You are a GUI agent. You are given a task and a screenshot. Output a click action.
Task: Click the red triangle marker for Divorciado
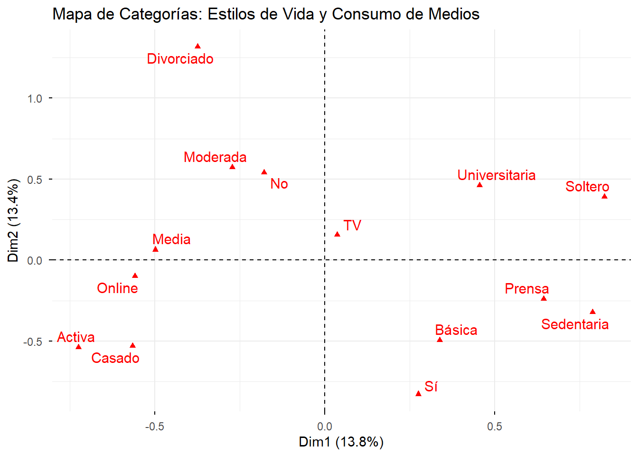click(198, 46)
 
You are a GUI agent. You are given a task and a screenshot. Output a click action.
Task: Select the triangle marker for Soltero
click(604, 196)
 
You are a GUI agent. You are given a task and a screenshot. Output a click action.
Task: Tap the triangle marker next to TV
click(338, 234)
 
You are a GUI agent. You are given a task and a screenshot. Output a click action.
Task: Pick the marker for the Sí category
click(418, 393)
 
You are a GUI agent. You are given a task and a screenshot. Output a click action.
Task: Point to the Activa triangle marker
click(79, 347)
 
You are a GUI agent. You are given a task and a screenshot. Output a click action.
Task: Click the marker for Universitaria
click(479, 185)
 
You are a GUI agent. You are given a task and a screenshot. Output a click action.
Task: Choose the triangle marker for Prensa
click(544, 298)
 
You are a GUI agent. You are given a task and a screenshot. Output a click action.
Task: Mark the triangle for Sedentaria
click(592, 312)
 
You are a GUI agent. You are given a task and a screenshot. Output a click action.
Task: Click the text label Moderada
click(215, 157)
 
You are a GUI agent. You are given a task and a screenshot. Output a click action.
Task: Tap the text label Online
click(117, 288)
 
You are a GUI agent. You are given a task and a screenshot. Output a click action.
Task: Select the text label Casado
click(115, 358)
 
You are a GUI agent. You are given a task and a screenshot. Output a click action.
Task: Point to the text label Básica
click(456, 330)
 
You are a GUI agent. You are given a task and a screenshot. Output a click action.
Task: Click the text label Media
click(171, 239)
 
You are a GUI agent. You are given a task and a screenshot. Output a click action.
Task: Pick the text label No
click(279, 184)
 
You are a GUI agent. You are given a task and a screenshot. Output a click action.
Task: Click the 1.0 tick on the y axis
click(35, 99)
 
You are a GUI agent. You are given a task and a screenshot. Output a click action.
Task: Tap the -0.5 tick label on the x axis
click(154, 426)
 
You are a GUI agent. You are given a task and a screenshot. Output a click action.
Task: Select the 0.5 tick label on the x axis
click(494, 426)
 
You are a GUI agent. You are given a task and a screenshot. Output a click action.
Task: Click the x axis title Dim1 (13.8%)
click(341, 442)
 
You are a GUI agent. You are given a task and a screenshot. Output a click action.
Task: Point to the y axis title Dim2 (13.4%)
click(13, 220)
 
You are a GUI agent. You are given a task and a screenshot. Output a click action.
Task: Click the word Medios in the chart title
click(454, 14)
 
